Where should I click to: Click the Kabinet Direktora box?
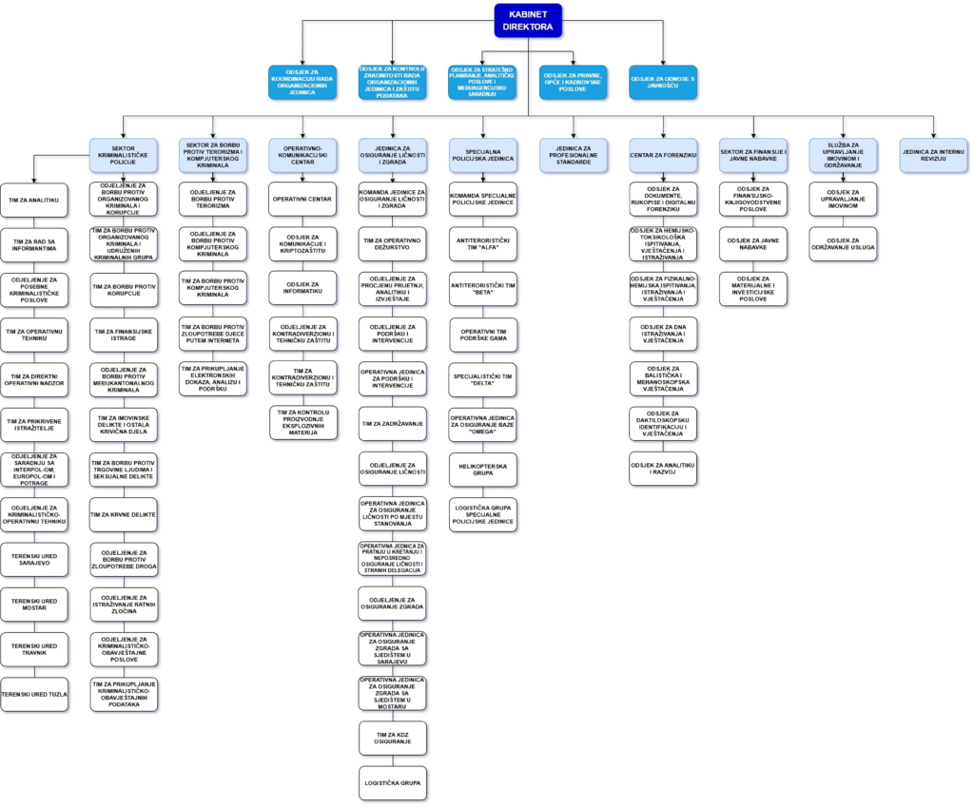(528, 21)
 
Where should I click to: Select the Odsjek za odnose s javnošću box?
(663, 82)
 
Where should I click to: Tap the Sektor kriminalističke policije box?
(124, 155)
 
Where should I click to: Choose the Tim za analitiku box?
(34, 200)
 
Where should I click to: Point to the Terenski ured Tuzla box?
(34, 694)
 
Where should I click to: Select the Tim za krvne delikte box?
(124, 514)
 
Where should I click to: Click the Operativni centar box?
(302, 200)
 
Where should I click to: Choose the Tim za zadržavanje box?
(393, 423)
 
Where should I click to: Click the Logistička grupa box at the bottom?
(393, 782)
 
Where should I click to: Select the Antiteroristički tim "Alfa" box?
(483, 244)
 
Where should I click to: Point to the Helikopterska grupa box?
(483, 469)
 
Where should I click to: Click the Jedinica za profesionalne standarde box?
(574, 155)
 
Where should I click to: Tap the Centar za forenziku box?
(663, 155)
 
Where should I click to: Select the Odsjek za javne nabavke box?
(753, 244)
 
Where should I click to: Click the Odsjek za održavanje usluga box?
(844, 244)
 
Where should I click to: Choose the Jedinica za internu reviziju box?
(933, 155)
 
